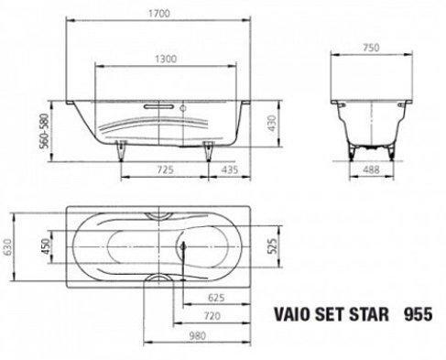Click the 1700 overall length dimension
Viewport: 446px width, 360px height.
(x=158, y=14)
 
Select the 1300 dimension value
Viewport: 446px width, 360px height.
(x=166, y=59)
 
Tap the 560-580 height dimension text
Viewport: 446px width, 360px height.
(x=45, y=131)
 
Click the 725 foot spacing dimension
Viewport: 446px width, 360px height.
(x=165, y=169)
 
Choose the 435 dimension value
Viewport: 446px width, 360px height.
(x=230, y=169)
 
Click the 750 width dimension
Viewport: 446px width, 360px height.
(x=371, y=48)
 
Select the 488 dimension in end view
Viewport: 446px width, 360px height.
(x=371, y=169)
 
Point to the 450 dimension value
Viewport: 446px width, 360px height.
(x=45, y=246)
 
